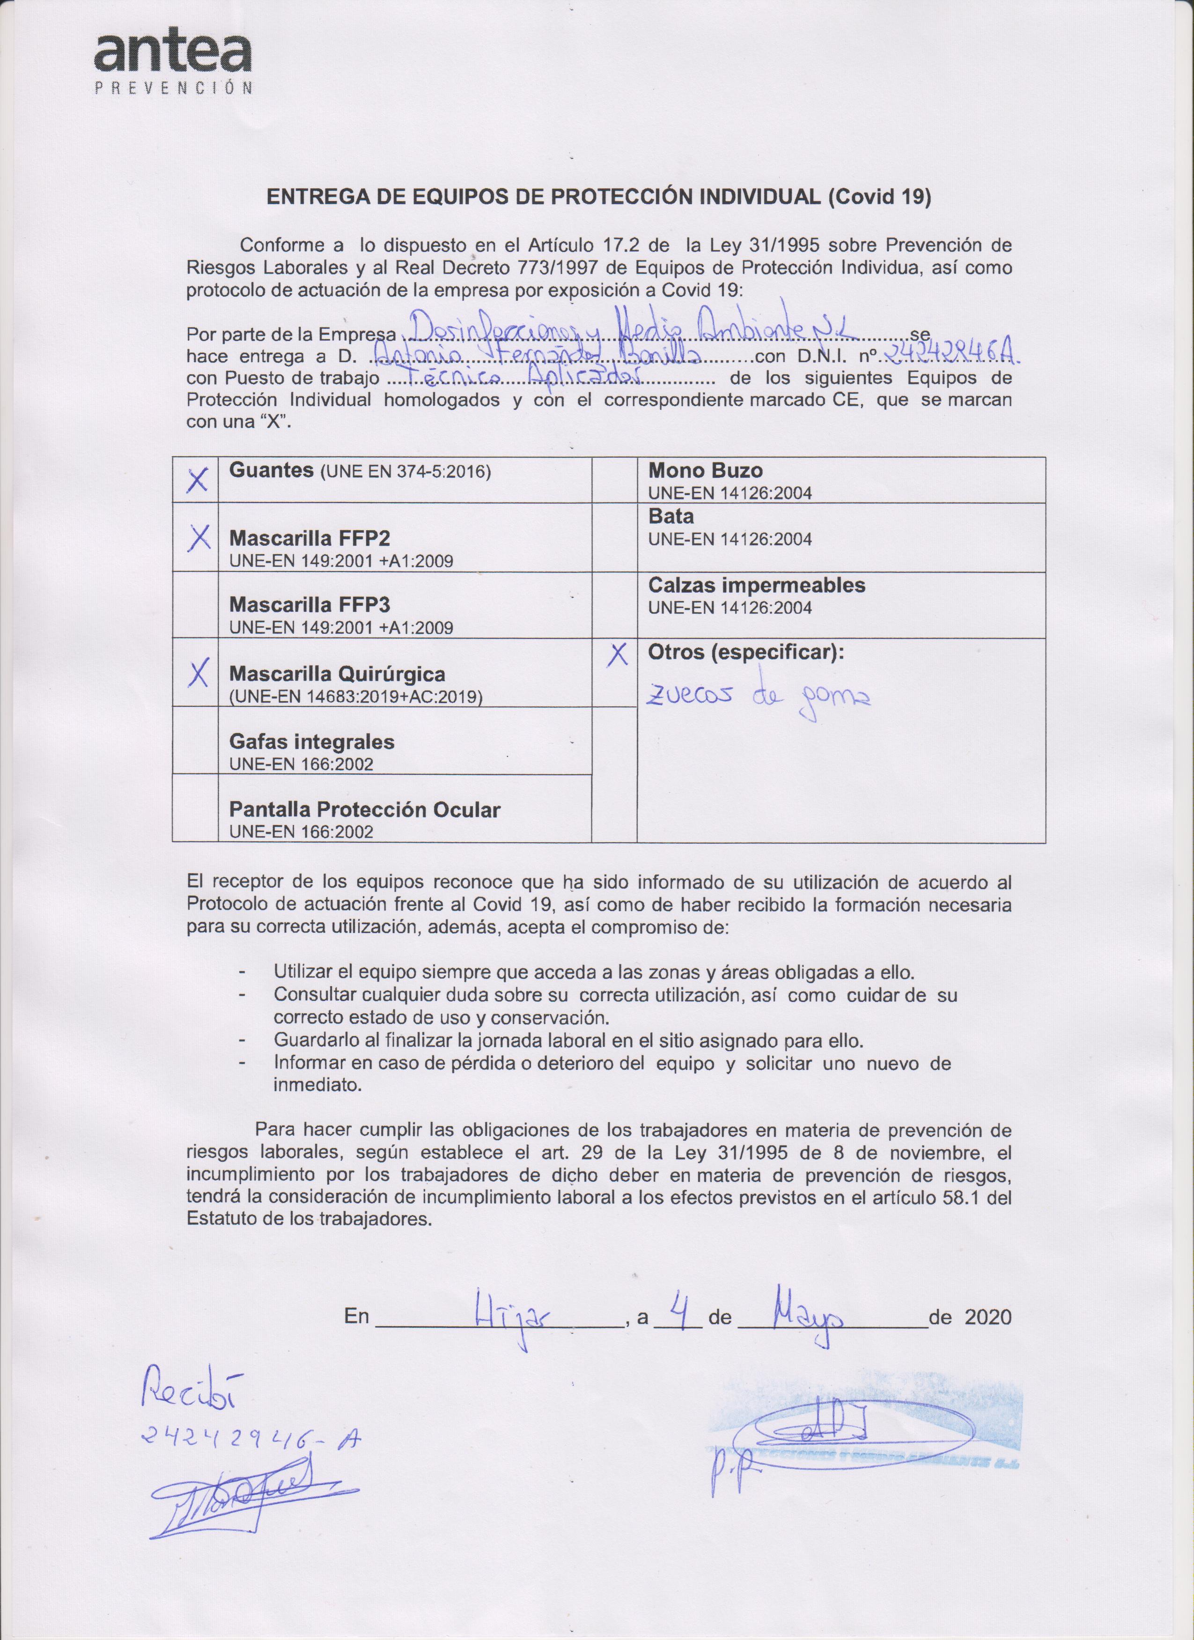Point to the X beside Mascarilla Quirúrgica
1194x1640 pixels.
point(197,673)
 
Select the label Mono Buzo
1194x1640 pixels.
point(705,471)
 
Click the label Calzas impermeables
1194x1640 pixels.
point(756,585)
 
